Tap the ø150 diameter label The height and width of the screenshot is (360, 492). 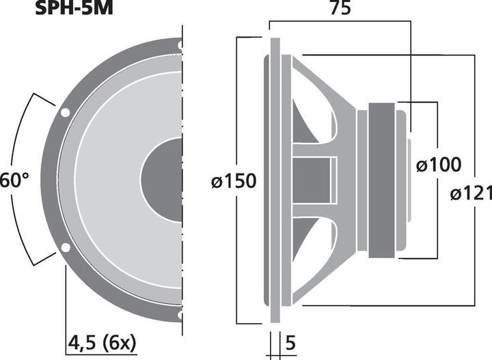233,181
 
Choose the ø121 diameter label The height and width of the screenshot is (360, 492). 471,194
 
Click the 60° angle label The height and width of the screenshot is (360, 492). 14,181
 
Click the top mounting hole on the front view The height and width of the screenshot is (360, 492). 180,46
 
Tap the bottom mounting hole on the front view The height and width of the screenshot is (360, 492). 180,314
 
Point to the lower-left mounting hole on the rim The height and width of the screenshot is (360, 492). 65,247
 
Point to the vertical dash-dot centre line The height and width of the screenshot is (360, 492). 182,205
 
